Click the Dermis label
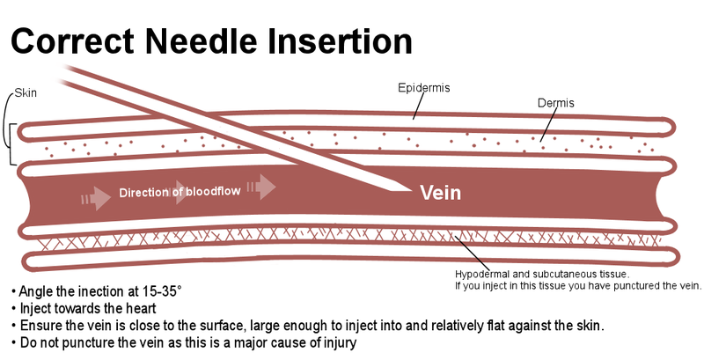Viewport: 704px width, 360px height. [555, 104]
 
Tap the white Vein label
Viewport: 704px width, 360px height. [440, 193]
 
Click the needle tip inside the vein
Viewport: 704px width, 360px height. [407, 188]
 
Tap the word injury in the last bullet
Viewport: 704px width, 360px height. [337, 342]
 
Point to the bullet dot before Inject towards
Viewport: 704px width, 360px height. [13, 309]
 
